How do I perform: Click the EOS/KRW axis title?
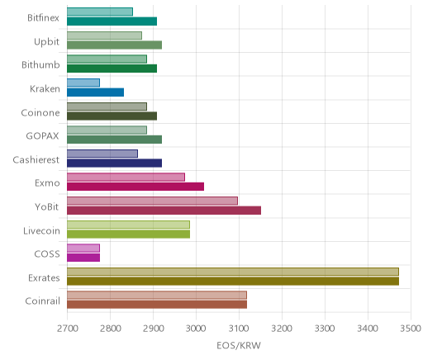[x=239, y=345]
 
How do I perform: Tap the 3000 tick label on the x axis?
[x=196, y=329]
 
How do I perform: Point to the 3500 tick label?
[x=411, y=329]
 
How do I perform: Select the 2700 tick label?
[x=67, y=329]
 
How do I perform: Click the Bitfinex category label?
[x=43, y=17]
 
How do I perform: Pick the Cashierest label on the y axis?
[x=36, y=159]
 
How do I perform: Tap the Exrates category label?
[x=44, y=277]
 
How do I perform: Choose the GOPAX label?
[x=43, y=136]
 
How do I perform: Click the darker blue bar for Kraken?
[x=95, y=92]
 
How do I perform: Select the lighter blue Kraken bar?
[x=83, y=83]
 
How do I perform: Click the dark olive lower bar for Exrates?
[x=233, y=282]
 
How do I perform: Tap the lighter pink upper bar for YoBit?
[x=152, y=201]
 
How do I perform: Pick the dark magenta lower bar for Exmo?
[x=135, y=187]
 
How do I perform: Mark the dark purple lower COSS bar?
[x=83, y=258]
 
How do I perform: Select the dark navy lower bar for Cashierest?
[x=114, y=163]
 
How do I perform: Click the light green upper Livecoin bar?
[x=128, y=225]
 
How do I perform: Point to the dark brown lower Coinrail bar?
[x=157, y=305]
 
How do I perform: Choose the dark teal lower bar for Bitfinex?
[x=112, y=21]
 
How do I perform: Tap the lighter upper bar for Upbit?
[x=104, y=36]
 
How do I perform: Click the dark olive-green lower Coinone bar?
[x=112, y=116]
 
